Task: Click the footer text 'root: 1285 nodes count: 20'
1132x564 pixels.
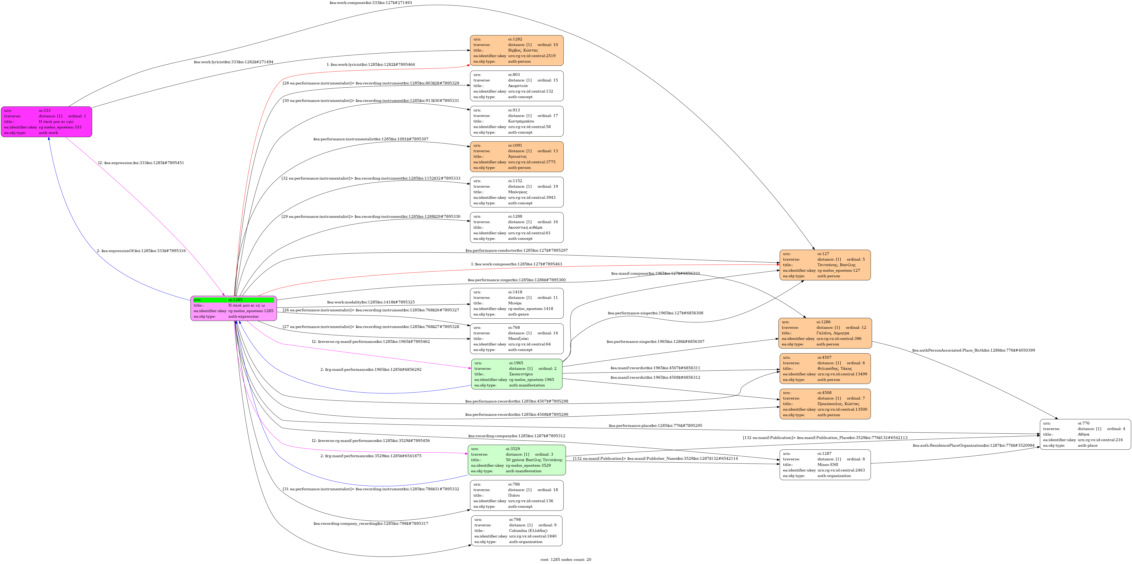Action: [566, 560]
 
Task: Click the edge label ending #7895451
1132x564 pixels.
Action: [141, 163]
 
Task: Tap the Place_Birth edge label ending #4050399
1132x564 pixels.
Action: [973, 351]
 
